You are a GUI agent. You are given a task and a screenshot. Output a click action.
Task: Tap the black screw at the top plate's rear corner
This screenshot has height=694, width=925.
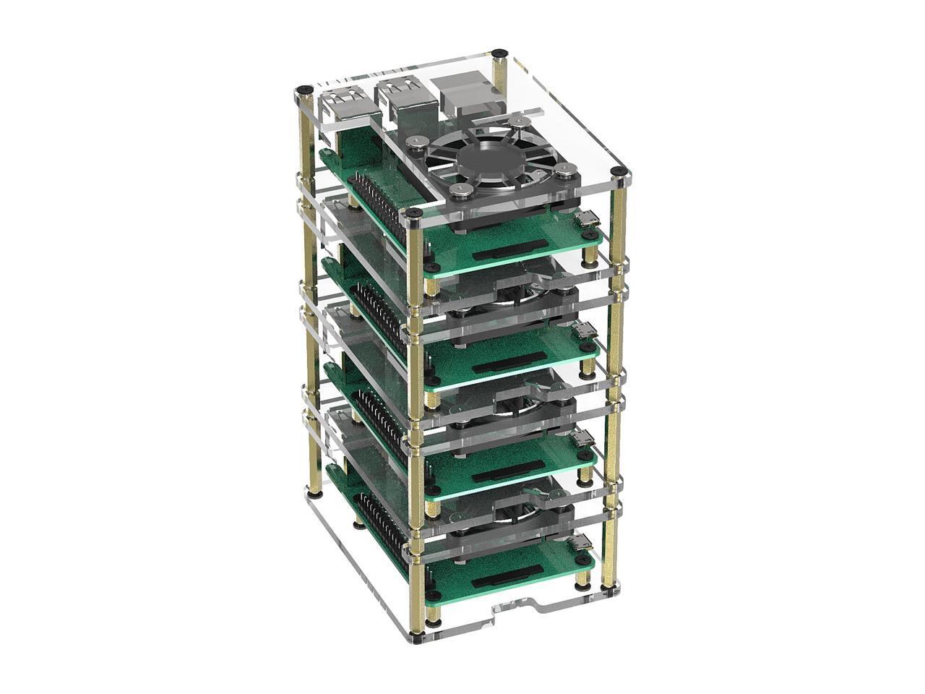(x=499, y=53)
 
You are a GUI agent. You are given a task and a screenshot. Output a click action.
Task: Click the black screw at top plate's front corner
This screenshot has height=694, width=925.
(x=413, y=214)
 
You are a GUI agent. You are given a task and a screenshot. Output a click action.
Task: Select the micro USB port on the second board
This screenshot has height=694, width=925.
(x=582, y=333)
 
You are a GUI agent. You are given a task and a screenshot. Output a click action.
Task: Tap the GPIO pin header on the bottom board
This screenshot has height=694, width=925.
(x=376, y=520)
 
